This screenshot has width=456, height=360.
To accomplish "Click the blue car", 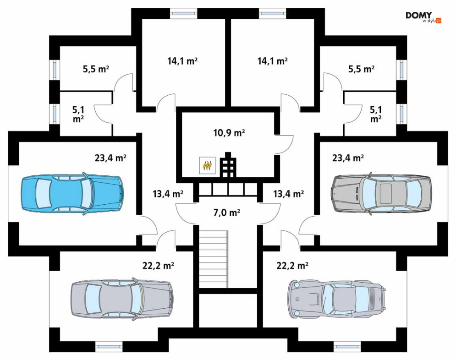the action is (x=72, y=193).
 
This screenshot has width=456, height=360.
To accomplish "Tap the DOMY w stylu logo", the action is (x=423, y=17).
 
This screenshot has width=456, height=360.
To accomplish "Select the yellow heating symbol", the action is (x=207, y=165).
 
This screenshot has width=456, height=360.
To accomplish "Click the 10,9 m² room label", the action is (x=229, y=133).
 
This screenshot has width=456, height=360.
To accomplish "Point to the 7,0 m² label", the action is (x=226, y=213).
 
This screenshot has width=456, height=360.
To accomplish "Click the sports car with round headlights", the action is (x=337, y=299).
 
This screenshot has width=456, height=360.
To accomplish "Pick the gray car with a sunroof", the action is (x=381, y=193).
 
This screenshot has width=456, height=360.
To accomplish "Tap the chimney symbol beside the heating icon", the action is (x=228, y=164).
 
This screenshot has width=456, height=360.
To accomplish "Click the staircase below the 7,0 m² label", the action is (x=214, y=258).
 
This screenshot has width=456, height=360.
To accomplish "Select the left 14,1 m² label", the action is (x=182, y=61).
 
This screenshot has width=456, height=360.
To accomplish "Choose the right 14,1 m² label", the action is (x=273, y=61).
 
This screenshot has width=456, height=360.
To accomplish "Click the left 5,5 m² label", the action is (x=96, y=69).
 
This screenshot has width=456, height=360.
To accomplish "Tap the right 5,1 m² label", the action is (x=376, y=114).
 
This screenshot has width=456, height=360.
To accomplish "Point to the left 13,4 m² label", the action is (x=168, y=193).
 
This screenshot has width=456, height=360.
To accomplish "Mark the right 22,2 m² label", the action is (x=292, y=265).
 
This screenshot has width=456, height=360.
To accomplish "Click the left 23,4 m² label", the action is (x=110, y=158).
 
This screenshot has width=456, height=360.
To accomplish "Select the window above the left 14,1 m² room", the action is (x=183, y=13).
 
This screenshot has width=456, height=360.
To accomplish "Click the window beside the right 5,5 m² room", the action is (x=401, y=70).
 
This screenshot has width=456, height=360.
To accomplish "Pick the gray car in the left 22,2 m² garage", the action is (x=122, y=299).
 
